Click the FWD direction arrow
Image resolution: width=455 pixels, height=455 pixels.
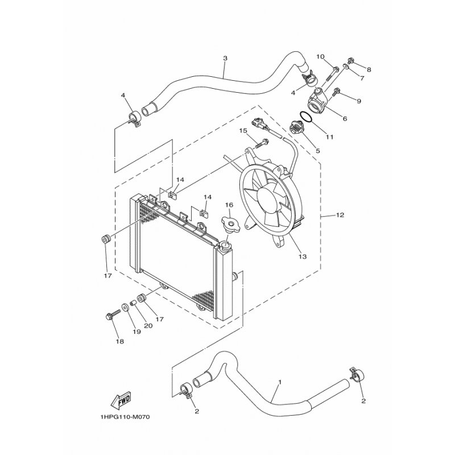pos(121,401)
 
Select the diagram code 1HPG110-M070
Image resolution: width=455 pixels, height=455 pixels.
pos(125,417)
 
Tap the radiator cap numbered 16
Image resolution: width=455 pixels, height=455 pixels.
pos(231,224)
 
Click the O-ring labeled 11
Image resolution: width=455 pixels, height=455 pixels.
pos(306,117)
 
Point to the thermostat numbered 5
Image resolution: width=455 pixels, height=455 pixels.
pos(296,129)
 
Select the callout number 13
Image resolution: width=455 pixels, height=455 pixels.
pos(303,257)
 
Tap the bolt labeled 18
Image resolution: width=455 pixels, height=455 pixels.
pos(113,315)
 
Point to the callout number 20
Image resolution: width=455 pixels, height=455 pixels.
pos(148,326)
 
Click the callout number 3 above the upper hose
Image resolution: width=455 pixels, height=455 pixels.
pos(225,58)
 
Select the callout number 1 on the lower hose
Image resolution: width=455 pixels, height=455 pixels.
pos(280,382)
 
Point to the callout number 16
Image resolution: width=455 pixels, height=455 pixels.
pos(229,205)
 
